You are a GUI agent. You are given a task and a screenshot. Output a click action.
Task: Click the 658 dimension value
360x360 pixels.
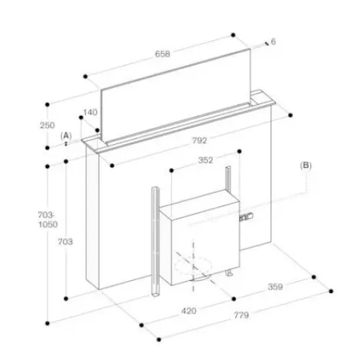pos(163,54)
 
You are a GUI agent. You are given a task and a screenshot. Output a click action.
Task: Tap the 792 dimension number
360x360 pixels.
pos(199,140)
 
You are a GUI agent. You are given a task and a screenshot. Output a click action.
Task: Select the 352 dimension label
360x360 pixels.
pos(206,160)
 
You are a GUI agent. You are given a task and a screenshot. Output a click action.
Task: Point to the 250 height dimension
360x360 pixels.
pos(48,125)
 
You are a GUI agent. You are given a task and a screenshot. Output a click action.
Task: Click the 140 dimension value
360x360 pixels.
pos(90,112)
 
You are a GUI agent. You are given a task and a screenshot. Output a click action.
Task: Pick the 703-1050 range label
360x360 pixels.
pos(48,220)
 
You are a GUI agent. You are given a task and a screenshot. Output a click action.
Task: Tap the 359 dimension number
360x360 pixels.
pos(275,287)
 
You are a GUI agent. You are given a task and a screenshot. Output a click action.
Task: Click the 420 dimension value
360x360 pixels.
pos(189,311)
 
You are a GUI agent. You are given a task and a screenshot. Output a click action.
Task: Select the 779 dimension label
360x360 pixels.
pos(241,315)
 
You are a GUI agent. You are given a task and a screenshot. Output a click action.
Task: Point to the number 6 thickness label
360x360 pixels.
pos(273,42)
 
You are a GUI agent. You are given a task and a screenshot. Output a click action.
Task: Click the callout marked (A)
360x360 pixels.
pos(66,136)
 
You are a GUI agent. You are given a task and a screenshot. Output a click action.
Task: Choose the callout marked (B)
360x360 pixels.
pos(306,166)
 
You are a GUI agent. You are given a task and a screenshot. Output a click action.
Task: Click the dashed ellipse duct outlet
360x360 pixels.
pos(194,266)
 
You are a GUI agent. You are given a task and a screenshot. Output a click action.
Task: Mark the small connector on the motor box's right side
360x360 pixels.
pos(246,217)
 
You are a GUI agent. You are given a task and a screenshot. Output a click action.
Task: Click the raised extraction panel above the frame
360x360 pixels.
pos(176,96)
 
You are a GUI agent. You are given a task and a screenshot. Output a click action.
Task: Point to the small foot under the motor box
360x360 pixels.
pos(230,273)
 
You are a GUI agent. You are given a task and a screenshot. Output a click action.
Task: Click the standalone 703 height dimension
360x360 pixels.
pos(66,241)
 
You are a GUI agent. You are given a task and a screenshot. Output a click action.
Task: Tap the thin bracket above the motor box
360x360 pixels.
pos(228,178)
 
